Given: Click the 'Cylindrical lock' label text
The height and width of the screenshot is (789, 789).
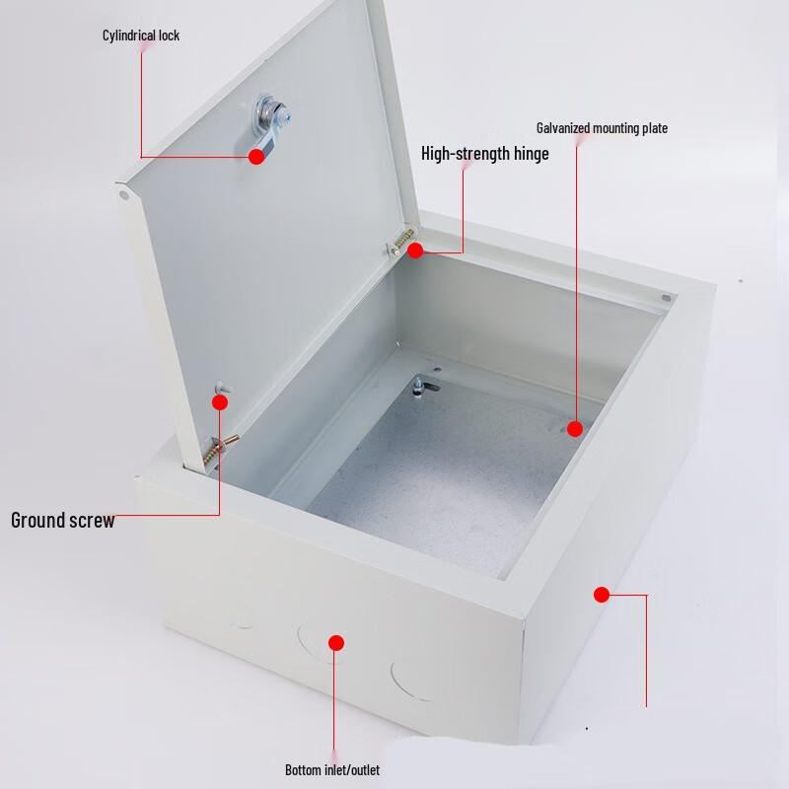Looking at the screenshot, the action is point(141,36).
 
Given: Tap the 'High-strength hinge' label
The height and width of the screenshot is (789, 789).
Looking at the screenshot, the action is point(484,154).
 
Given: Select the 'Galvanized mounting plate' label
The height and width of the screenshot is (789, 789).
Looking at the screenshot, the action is point(602,128).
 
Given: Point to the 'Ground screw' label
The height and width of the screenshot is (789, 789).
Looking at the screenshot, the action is point(63,521).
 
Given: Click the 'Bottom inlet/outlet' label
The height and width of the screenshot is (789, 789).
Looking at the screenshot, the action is point(332,770).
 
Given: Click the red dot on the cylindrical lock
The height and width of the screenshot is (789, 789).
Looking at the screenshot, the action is point(256,157).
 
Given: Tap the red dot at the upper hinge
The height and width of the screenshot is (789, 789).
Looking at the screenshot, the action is point(415,251).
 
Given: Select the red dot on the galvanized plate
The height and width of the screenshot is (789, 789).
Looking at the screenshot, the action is point(575,429).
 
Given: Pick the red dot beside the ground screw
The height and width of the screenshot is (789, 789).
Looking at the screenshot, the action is point(220,402).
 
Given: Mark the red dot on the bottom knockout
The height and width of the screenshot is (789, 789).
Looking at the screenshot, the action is point(336,643).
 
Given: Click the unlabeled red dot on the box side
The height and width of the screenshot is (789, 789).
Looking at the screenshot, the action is point(602,595).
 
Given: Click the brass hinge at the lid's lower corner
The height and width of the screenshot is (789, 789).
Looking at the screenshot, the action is point(219,449).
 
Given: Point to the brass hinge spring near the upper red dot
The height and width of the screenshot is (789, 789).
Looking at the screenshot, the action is point(403,240).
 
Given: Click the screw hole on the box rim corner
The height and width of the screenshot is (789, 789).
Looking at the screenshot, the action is point(667,298).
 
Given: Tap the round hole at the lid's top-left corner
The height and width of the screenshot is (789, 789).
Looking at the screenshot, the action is point(124,195).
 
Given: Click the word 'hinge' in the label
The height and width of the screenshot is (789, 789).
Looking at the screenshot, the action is point(531,154).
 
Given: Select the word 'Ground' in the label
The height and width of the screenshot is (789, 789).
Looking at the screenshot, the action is point(39,521).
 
